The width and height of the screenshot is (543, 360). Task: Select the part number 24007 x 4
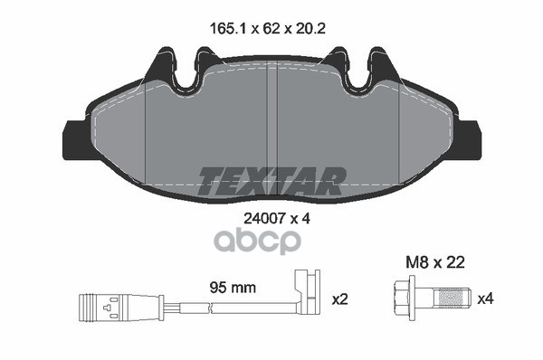tap(271, 218)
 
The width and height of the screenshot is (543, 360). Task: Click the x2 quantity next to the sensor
tap(342, 298)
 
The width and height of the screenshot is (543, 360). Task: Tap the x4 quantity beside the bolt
tap(485, 298)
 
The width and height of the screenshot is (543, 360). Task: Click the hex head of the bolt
tap(404, 298)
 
